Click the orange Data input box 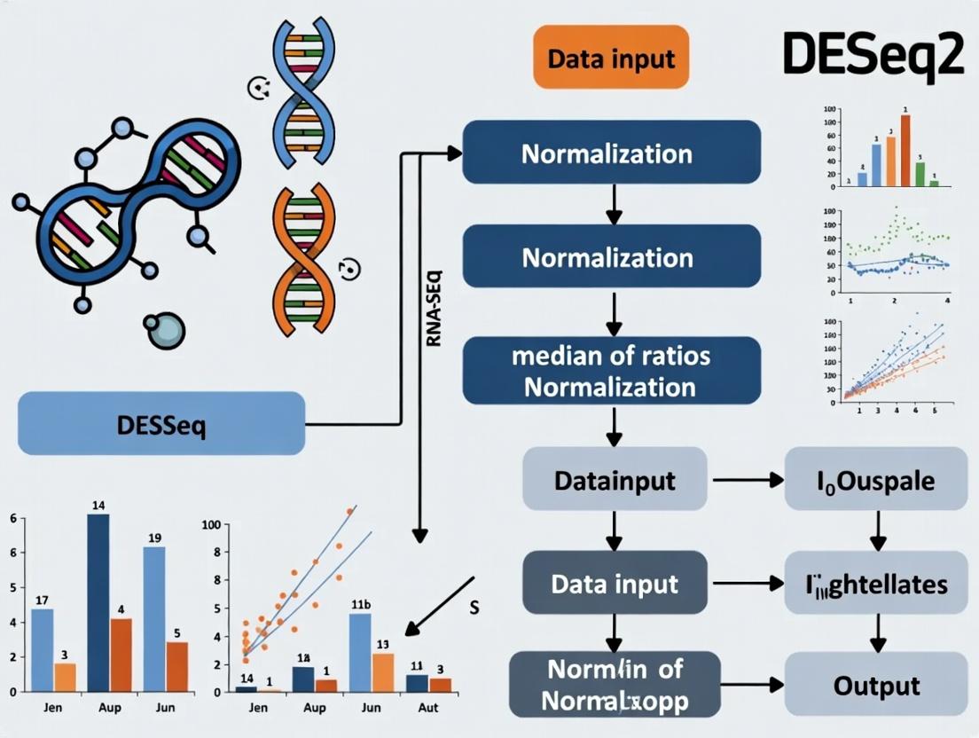click(611, 59)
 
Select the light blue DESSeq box click(161, 423)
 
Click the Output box click(876, 685)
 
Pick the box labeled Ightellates click(876, 584)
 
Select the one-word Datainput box click(615, 481)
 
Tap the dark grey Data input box click(615, 584)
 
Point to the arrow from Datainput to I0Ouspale click(747, 481)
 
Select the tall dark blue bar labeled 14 click(98, 603)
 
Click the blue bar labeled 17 click(42, 649)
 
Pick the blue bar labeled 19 click(154, 618)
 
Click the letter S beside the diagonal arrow click(474, 608)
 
